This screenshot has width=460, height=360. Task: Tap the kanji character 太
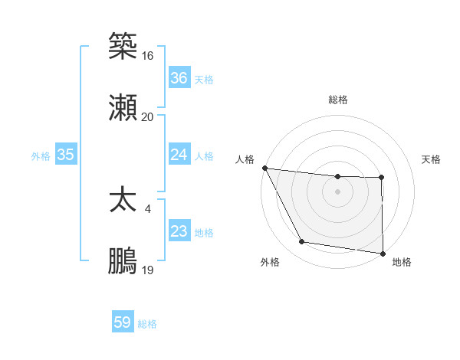click(x=123, y=201)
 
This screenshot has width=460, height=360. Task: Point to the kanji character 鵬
click(x=123, y=261)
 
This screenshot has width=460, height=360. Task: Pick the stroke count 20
click(x=147, y=116)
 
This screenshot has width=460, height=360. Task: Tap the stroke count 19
click(x=147, y=270)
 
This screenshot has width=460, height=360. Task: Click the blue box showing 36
click(x=179, y=78)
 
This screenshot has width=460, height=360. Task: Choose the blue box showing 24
click(x=179, y=155)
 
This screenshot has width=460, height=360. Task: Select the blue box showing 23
click(x=179, y=231)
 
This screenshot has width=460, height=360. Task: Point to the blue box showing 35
click(x=65, y=155)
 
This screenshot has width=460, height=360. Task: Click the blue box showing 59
click(x=123, y=322)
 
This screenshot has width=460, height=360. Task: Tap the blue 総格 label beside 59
click(x=148, y=324)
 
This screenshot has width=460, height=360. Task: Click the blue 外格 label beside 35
click(x=41, y=155)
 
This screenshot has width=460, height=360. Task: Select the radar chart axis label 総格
click(x=338, y=100)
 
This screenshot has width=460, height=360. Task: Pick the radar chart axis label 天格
click(x=431, y=159)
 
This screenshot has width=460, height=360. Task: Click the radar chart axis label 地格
click(x=402, y=262)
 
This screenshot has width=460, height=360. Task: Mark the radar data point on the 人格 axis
click(x=264, y=168)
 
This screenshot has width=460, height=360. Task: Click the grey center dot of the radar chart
click(x=338, y=191)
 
